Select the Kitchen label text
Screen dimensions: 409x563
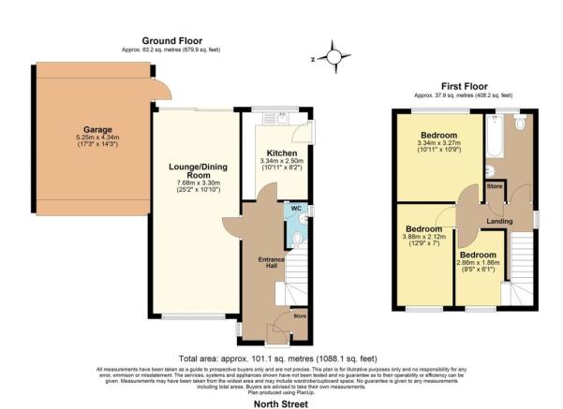[281, 152]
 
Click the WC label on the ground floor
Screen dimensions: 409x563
[296, 207]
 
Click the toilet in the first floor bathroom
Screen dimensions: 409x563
[520, 123]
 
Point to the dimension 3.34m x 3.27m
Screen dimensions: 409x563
[437, 143]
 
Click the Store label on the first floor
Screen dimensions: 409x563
[496, 185]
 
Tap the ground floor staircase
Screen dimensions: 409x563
[298, 281]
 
